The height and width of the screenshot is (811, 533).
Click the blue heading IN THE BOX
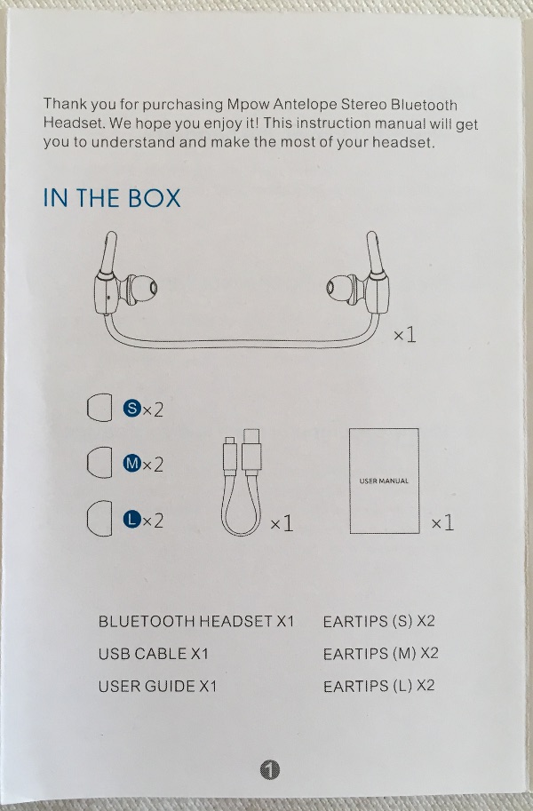112,198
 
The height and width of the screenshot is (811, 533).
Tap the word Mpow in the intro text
248,105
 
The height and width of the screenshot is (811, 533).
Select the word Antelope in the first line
305,105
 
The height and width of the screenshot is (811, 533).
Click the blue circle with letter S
132,408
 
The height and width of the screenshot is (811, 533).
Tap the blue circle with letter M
132,463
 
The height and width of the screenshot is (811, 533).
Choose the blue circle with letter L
132,519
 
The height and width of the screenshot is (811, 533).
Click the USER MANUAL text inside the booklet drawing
384,481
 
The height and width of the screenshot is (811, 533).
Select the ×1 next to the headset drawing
405,335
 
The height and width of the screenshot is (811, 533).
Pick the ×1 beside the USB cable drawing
282,524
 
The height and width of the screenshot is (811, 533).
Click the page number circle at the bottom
269,769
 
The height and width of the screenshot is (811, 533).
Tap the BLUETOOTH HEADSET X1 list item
196,621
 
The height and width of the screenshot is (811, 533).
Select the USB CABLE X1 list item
153,654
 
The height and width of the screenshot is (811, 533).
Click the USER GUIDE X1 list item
157,687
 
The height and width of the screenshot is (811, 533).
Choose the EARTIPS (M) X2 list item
380,654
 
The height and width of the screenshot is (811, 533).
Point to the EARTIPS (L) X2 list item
378,686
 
